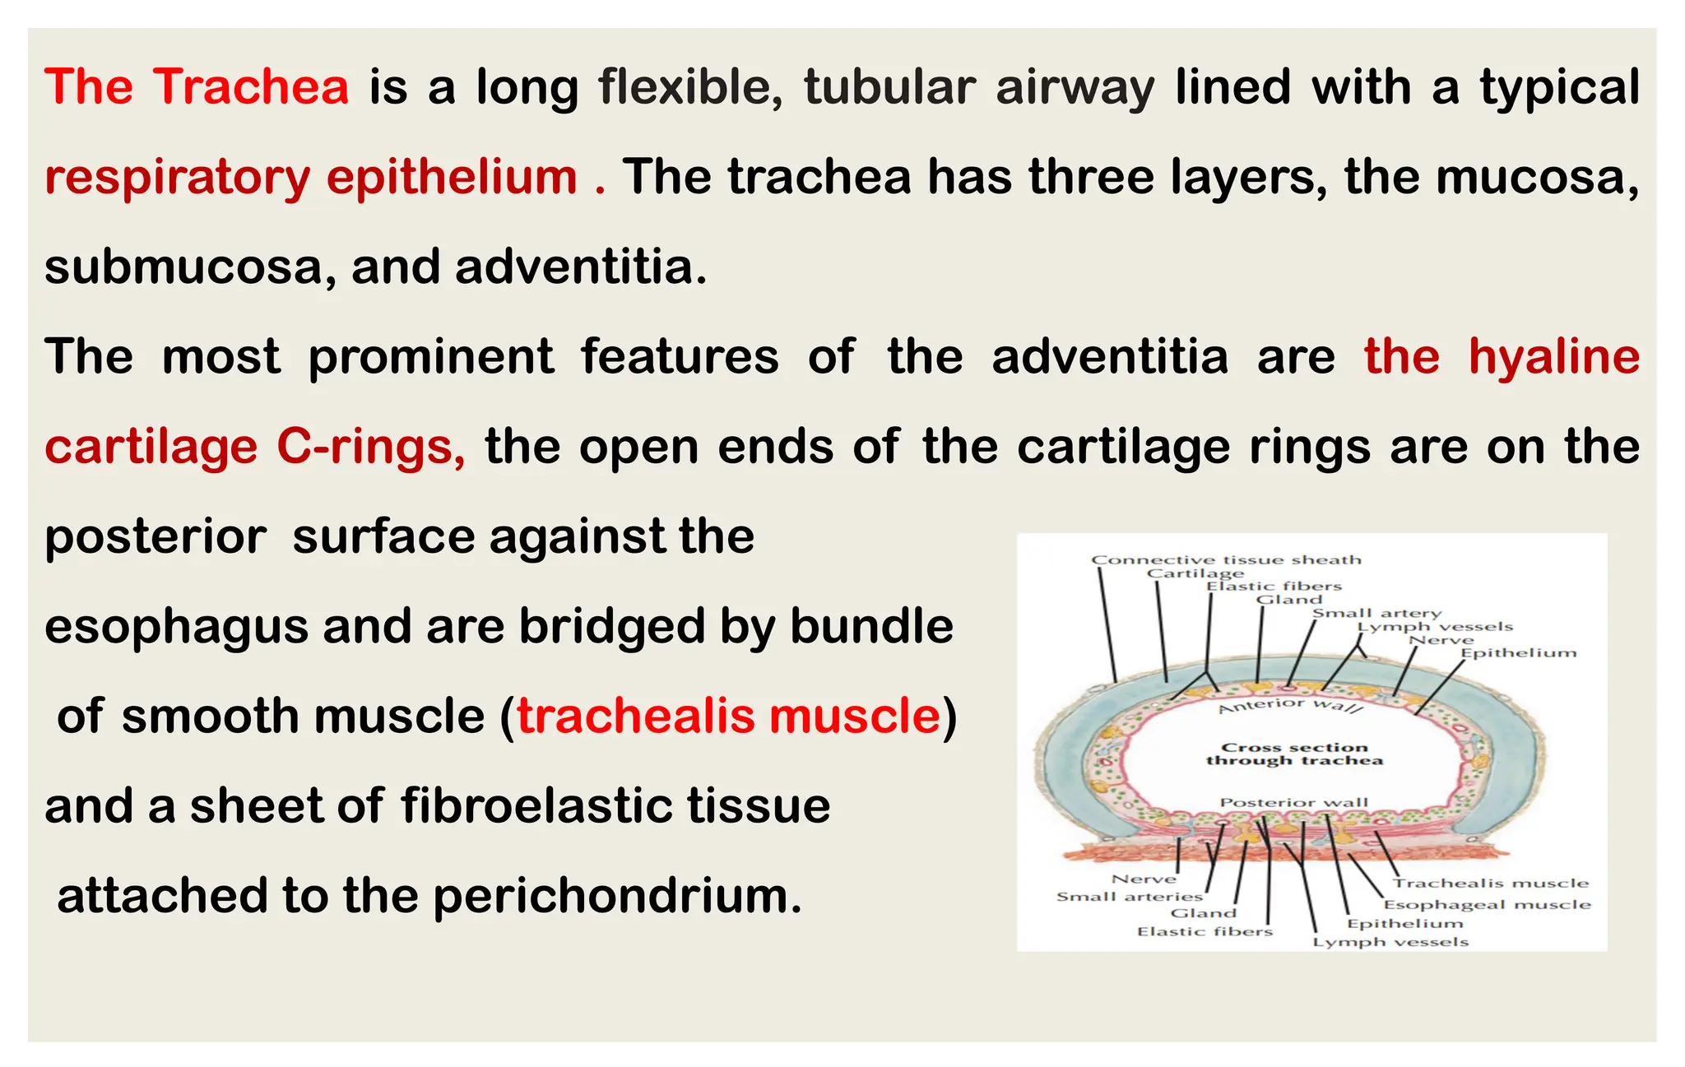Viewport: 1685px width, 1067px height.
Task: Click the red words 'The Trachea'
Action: coord(197,86)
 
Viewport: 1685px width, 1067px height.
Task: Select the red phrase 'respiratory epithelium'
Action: coord(311,177)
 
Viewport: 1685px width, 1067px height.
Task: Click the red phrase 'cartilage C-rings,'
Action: coord(255,447)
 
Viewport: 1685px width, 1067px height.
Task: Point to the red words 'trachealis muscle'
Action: coord(728,716)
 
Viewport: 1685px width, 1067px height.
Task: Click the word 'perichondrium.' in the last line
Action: coord(617,896)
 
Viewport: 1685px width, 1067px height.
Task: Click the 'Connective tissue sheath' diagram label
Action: coord(1226,559)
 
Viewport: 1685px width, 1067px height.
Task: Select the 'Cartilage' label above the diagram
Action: coord(1195,573)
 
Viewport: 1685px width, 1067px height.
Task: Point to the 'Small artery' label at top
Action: coord(1376,613)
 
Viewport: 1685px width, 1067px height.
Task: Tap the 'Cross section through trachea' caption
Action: coord(1294,754)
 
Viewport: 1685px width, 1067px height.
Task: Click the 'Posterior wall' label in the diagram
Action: coord(1293,802)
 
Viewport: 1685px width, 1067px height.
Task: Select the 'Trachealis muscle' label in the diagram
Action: coord(1490,884)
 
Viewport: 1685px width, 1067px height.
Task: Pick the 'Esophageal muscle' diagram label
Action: coord(1487,905)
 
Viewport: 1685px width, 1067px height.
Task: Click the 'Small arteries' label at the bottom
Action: coord(1129,897)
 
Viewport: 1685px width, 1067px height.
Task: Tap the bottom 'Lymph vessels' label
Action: coord(1390,943)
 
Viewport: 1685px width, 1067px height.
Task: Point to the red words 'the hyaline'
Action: coord(1502,357)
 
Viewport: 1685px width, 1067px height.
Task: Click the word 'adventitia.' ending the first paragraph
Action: coord(581,267)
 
